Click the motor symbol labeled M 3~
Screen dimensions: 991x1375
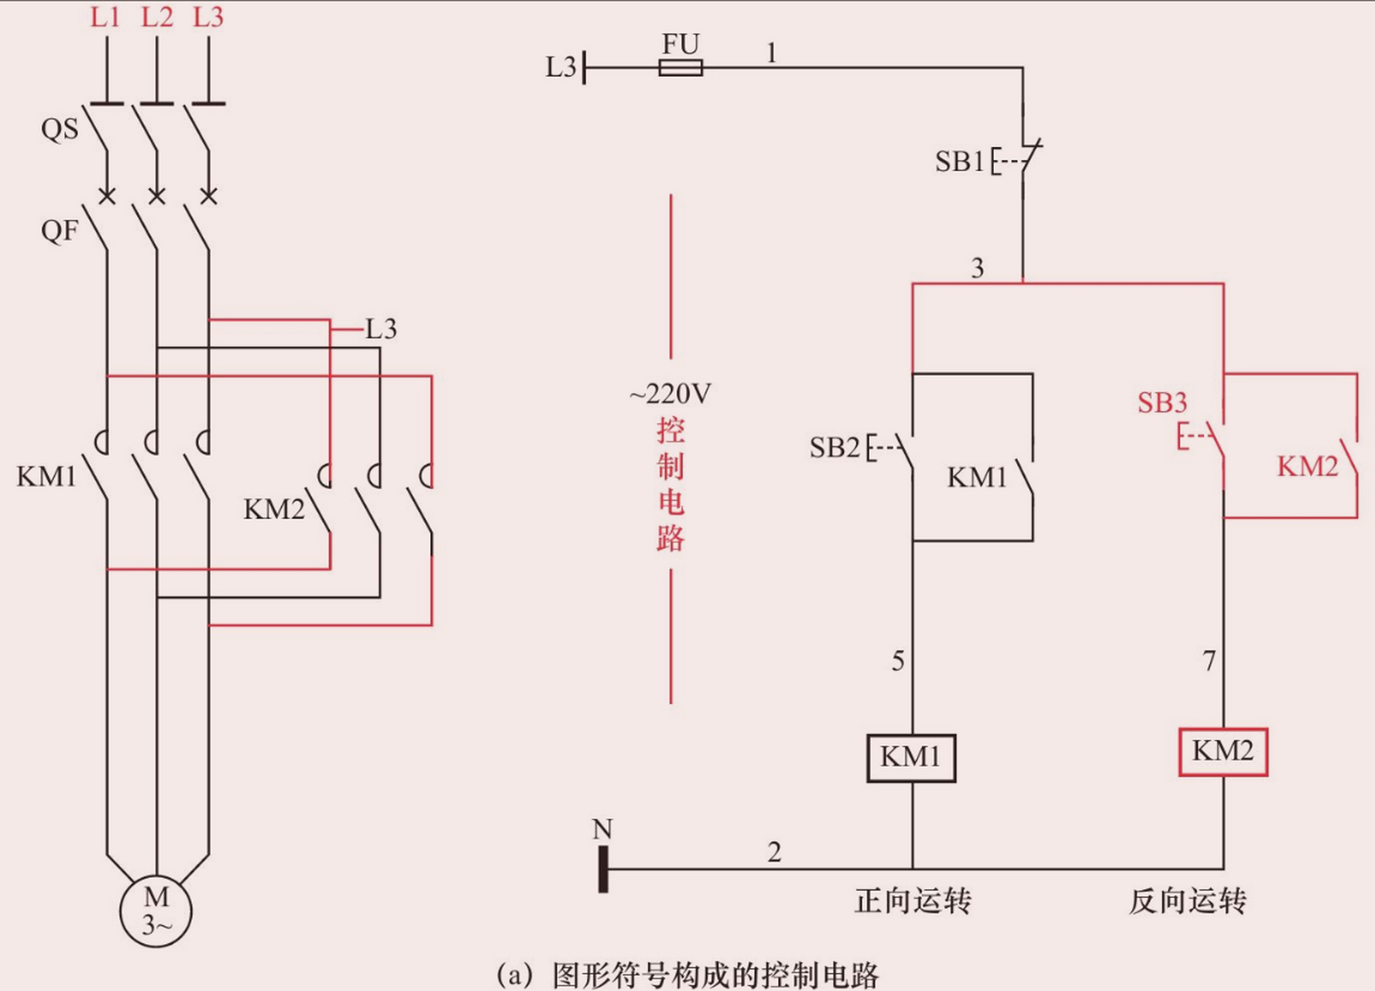[156, 910]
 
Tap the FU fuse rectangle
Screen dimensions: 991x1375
[681, 67]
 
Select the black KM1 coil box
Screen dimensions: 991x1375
[910, 757]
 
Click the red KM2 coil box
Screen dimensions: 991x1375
[1222, 751]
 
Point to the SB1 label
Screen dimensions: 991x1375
[958, 162]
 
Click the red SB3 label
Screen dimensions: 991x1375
[1161, 403]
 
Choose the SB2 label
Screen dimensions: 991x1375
[834, 447]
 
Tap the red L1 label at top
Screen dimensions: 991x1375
[105, 17]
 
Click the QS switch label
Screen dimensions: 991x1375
[60, 129]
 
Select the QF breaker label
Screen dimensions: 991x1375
[60, 230]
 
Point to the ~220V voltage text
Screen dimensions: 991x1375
[670, 394]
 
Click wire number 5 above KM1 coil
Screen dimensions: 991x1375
[897, 661]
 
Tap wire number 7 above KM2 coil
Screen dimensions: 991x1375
[1209, 661]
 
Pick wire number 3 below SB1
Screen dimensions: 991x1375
[977, 269]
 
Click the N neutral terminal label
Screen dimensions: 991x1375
[602, 829]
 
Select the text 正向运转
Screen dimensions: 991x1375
[913, 901]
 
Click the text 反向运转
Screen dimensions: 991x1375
[1187, 901]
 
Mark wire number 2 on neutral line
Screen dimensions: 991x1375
[774, 852]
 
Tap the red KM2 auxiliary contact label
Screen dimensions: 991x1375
[1307, 467]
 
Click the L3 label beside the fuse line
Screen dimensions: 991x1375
[561, 67]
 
